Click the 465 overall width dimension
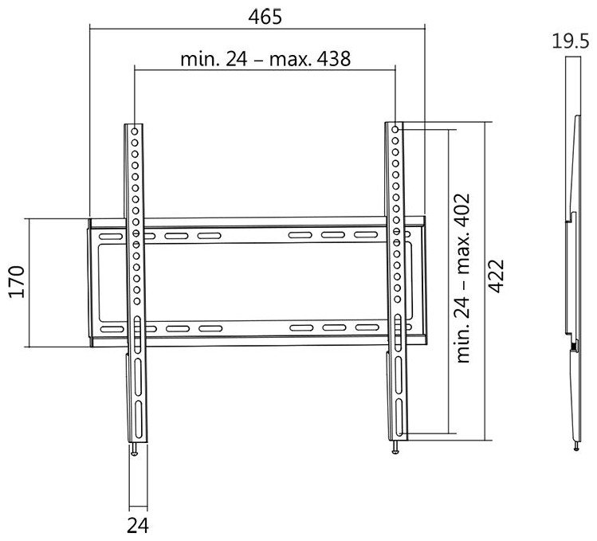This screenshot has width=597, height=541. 265,17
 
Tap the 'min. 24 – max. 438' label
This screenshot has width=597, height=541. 265,59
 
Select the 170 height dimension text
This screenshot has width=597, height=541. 17,282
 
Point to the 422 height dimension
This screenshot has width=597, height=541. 496,276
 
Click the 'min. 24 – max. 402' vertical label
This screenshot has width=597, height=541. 462,278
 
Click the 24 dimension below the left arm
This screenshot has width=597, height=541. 138,526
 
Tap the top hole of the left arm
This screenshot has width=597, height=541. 135,131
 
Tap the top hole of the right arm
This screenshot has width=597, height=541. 395,130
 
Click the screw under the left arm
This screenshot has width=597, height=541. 134,449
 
